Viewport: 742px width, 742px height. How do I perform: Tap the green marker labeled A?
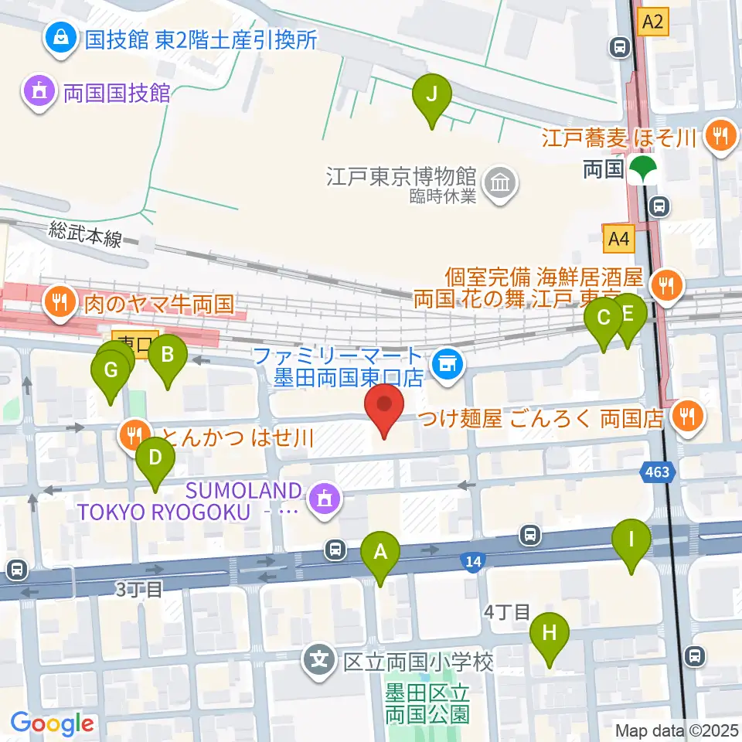click(380, 553)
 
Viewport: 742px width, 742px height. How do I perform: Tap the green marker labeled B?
click(167, 356)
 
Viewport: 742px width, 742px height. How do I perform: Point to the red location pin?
click(383, 408)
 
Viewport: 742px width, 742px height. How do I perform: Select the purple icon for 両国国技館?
click(37, 93)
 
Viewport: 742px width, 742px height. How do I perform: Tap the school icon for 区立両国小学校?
click(318, 662)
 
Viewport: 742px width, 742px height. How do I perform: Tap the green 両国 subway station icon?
click(641, 169)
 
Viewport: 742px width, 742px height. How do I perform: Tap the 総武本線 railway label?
click(85, 234)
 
